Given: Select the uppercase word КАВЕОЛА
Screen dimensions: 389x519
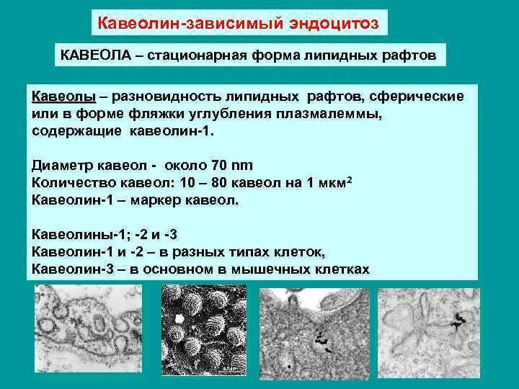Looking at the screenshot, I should [x=91, y=55].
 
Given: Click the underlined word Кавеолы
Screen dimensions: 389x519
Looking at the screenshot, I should [x=61, y=97].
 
